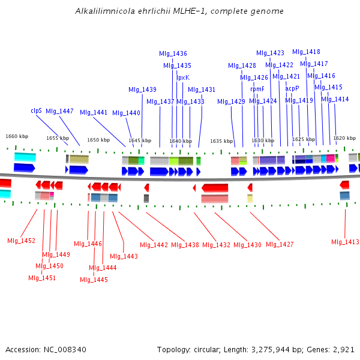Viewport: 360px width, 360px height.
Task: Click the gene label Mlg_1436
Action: point(173,54)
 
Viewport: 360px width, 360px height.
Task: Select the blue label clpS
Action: point(36,111)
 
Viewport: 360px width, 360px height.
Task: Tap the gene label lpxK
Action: point(183,77)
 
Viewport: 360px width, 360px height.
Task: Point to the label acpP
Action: point(292,88)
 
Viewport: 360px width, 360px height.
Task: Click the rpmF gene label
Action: point(257,89)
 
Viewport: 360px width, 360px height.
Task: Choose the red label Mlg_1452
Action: point(21,241)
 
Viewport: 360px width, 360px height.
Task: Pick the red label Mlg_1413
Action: point(345,242)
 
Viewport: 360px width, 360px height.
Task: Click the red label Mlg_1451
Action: point(42,278)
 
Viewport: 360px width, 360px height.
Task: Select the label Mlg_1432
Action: point(216,245)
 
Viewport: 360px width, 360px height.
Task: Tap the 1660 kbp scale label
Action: point(17,136)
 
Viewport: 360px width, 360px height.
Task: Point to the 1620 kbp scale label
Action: point(344,138)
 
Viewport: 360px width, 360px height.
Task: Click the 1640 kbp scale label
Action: point(180,141)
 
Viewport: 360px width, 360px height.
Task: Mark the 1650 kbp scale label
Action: point(98,140)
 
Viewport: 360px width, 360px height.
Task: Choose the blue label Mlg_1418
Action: point(306,52)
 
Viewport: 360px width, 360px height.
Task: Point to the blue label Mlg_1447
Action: point(59,111)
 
